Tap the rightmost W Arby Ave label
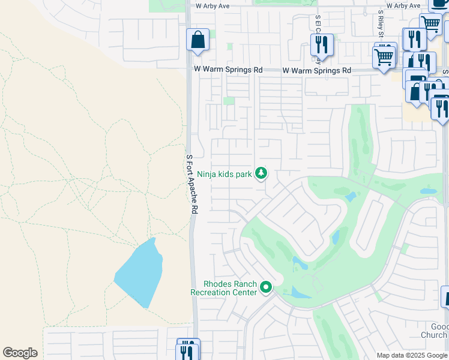click(403, 5)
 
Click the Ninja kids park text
click(224, 174)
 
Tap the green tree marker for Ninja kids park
click(261, 173)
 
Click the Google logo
click(20, 353)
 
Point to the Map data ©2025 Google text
click(412, 355)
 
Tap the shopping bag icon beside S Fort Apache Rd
click(197, 41)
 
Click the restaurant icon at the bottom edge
click(188, 352)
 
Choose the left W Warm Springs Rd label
click(228, 70)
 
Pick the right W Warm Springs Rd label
click(317, 70)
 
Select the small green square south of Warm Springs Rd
click(229, 101)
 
